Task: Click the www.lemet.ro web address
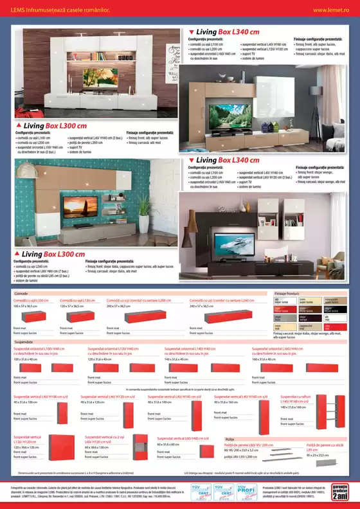click(331, 10)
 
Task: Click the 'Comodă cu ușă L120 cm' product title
click(77, 282)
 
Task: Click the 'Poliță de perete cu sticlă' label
click(321, 445)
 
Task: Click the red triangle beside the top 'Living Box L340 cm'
click(191, 31)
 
